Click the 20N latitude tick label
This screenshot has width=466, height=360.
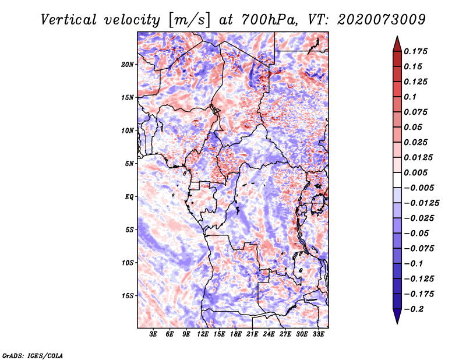tap(128, 64)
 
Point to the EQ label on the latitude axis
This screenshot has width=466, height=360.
tap(129, 196)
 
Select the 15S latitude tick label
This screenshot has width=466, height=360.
tap(128, 295)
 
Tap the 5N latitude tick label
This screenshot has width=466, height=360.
tap(129, 163)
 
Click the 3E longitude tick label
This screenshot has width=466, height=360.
tap(154, 334)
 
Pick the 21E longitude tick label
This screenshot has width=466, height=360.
tap(252, 334)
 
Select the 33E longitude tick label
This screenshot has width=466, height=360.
tap(318, 334)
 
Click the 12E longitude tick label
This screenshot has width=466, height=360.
tap(203, 334)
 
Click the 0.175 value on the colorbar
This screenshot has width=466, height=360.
tap(417, 51)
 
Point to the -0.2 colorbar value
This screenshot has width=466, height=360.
tap(416, 309)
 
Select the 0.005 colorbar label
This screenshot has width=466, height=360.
tap(417, 172)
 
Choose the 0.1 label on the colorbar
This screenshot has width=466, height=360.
tap(411, 97)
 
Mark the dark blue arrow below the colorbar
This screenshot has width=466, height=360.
tap(397, 316)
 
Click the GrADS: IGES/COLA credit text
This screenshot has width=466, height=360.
tap(32, 355)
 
